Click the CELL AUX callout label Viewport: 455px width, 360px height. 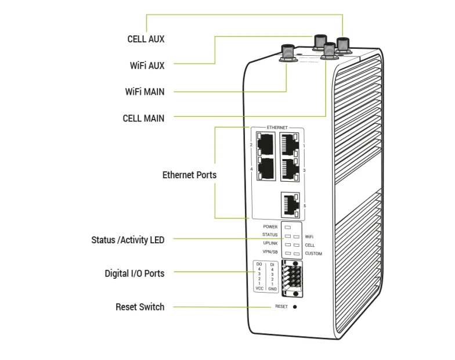coord(146,39)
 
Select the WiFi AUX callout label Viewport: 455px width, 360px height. coord(147,66)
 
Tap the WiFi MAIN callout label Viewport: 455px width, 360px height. coord(145,92)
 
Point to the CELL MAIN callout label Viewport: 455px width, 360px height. coord(143,118)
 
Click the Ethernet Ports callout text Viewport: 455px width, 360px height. coord(189,174)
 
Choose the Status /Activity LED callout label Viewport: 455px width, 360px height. coord(128,240)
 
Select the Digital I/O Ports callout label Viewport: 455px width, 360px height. coord(134,273)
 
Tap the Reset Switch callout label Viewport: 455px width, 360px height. coord(140,307)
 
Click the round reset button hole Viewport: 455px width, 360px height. coord(295,306)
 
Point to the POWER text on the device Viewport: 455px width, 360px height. coord(270,226)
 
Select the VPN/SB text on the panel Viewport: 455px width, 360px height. coord(270,251)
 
